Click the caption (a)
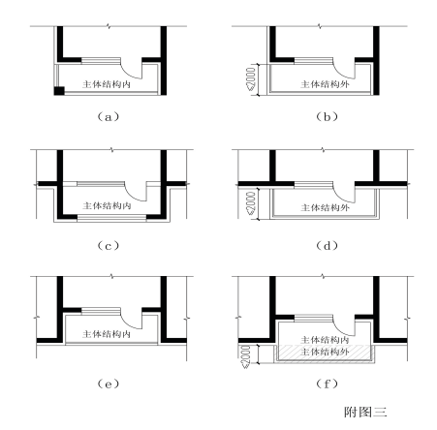click(109, 116)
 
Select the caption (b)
click(327, 116)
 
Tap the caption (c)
click(109, 246)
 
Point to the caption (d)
click(327, 246)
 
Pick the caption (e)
click(109, 384)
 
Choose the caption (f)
click(327, 384)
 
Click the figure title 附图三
click(365, 412)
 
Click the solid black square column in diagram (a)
click(59, 91)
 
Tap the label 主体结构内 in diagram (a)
click(107, 84)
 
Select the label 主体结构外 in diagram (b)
click(325, 84)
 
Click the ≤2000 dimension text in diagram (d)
click(251, 202)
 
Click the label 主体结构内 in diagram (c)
click(107, 205)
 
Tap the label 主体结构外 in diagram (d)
click(325, 207)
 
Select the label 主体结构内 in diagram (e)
click(107, 334)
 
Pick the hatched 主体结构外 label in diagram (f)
click(325, 352)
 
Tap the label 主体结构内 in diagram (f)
click(325, 340)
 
